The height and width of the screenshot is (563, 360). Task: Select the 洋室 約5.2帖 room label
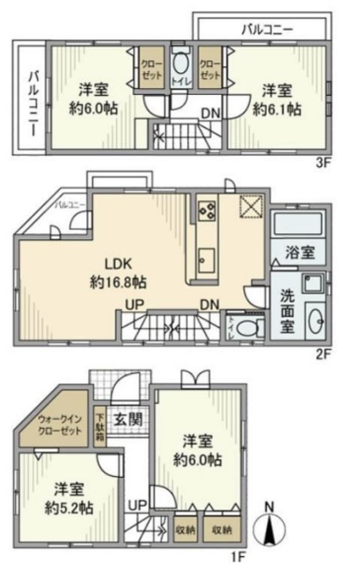click(65, 499)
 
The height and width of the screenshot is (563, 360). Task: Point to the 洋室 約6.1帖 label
click(276, 99)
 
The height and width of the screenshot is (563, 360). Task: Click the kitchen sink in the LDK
click(207, 260)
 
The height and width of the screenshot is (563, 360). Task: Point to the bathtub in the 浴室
click(299, 223)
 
